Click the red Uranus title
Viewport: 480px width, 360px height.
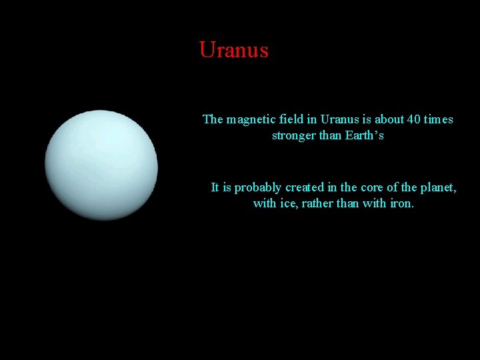(233, 50)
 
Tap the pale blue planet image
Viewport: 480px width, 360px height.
(101, 165)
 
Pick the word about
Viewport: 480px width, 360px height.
(389, 120)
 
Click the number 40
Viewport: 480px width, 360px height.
(414, 120)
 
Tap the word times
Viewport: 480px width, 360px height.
(439, 120)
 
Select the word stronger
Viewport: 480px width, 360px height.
(295, 136)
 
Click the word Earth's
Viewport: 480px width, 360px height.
(364, 136)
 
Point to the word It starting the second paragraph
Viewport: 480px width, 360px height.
(215, 187)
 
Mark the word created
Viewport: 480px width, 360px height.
(305, 187)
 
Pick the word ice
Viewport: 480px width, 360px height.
(288, 203)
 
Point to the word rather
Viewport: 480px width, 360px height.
(317, 203)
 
